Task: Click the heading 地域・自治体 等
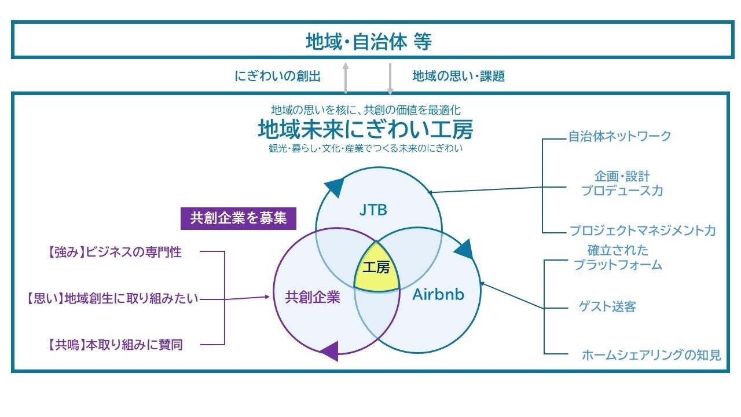pos(369,42)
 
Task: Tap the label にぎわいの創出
pos(278,76)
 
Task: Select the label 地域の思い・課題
pos(458,76)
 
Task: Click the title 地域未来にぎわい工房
pos(365,130)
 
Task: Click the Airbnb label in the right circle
pos(438,294)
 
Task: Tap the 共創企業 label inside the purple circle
pos(312,298)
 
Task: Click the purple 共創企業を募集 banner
pos(239,218)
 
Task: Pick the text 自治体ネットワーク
pos(619,136)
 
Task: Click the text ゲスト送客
pos(607,306)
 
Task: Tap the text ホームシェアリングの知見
pos(651,355)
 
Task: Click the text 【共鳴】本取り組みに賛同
pos(115,345)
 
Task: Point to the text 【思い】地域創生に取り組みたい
pos(112,298)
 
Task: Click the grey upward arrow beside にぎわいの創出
pos(346,78)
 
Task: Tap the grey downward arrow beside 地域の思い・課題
pos(390,78)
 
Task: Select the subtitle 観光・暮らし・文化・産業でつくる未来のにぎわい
pos(365,148)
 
